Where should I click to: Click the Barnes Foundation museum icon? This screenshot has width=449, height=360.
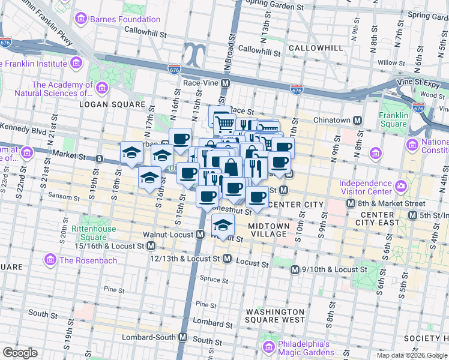pos(81,19)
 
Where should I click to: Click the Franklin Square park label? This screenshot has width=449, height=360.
pos(393,120)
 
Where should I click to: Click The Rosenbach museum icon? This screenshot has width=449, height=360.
pos(50,260)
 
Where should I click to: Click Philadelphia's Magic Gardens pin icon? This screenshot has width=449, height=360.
pos(268,347)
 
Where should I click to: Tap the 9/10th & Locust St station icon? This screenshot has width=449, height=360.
pos(295,270)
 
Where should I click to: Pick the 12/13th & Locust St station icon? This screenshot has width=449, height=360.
pos(227,258)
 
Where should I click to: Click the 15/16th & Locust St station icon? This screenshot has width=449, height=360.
pos(151,246)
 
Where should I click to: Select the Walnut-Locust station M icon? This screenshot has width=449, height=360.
pos(199,234)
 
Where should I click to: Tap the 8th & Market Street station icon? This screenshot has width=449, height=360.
pos(350,203)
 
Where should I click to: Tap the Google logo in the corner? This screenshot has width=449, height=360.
pos(20,352)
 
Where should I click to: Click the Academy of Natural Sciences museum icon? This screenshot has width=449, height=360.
pos(102,89)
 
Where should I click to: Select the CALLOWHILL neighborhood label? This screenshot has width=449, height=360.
pos(315,48)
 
